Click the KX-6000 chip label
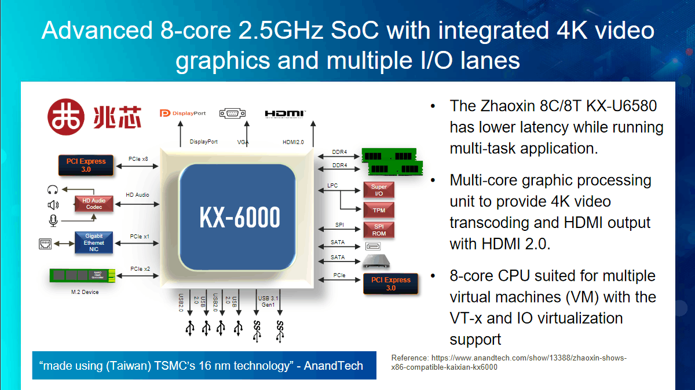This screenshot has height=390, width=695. pos(239,217)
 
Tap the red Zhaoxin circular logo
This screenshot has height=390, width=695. pos(66,117)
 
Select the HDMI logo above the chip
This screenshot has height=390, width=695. pos(285,114)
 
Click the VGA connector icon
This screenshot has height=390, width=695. pos(232,113)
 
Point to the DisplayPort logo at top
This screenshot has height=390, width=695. pos(183,113)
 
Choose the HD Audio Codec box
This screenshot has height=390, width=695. pos(94,204)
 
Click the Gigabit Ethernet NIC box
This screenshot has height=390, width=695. pos(94,243)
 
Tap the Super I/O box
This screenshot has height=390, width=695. pos(379,190)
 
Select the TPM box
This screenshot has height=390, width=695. pos(379,210)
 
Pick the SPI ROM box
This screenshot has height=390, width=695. pos(379,230)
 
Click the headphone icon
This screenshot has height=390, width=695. pos(53,189)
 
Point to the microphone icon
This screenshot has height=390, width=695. pos(53,220)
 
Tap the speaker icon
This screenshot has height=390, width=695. pos(53,205)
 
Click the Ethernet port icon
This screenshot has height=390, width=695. pos(45,244)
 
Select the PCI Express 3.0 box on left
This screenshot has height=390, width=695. pos(86,165)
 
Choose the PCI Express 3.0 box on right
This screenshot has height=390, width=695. pos(390,284)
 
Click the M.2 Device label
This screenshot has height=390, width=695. pos(85,292)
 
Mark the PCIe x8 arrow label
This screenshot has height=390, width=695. pos(138,159)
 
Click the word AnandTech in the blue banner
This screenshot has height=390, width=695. pos(333,366)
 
